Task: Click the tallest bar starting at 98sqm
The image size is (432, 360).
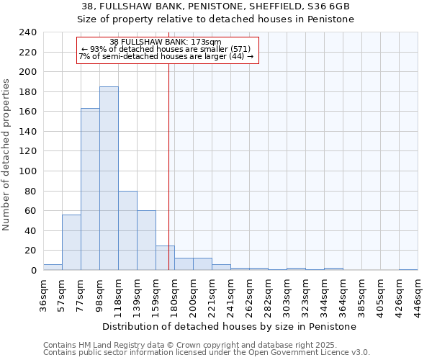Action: coord(109,179)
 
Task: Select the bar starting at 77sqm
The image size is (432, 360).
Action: coord(90,189)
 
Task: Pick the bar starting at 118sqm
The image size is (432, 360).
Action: coord(127,230)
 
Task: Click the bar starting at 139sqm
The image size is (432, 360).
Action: coord(146,240)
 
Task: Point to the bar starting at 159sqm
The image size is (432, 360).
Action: coord(165,258)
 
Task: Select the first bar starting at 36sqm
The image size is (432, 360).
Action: coord(53,267)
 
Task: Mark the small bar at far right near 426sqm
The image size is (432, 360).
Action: coord(408,269)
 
